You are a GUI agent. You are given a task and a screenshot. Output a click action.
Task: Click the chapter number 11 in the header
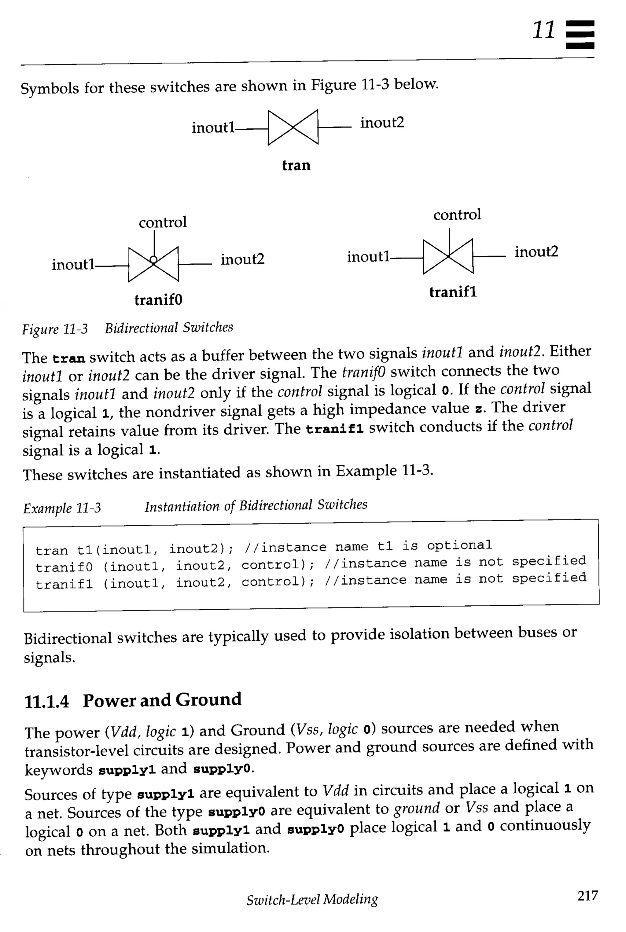544,30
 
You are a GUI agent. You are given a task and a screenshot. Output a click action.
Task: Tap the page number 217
588,896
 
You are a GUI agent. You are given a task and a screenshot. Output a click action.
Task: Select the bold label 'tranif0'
158,299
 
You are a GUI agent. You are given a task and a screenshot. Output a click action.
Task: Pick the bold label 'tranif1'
453,292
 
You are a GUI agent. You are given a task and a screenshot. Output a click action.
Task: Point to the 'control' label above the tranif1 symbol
457,215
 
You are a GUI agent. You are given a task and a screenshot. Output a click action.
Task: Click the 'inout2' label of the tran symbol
382,123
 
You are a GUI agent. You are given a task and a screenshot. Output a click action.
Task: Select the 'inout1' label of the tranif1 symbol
368,257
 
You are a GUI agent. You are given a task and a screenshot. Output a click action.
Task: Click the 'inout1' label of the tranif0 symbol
73,264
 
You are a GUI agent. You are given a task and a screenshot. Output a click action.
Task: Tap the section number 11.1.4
46,702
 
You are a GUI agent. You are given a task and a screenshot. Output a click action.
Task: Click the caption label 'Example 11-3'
62,508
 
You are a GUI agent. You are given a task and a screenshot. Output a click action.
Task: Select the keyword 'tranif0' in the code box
64,567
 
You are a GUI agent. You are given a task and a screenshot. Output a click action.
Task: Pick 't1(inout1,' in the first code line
118,550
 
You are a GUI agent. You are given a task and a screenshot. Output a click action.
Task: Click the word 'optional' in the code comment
459,545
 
